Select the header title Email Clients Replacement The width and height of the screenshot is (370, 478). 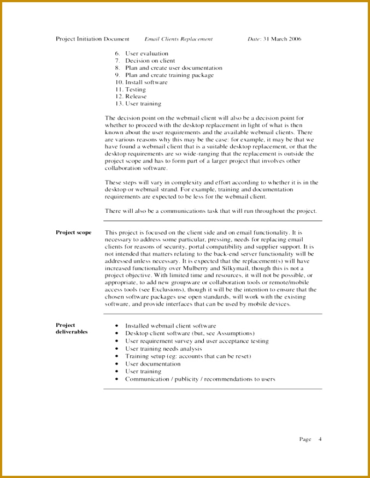pyautogui.click(x=179, y=39)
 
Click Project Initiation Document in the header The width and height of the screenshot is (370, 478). pyautogui.click(x=92, y=39)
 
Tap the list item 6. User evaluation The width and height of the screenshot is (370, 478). pyautogui.click(x=142, y=53)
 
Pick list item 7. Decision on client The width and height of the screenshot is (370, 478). pyautogui.click(x=145, y=61)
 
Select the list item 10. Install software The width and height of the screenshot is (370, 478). pyautogui.click(x=141, y=82)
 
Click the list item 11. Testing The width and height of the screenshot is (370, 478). pyautogui.click(x=130, y=89)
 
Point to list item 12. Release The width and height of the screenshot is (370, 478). pyautogui.click(x=131, y=97)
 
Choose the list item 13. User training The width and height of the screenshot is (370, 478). pyautogui.click(x=138, y=104)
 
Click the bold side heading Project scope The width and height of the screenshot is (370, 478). pyautogui.click(x=74, y=232)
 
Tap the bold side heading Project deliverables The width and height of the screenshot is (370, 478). pyautogui.click(x=72, y=328)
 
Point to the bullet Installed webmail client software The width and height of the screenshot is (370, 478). pyautogui.click(x=170, y=325)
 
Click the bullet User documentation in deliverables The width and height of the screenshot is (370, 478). pyautogui.click(x=152, y=364)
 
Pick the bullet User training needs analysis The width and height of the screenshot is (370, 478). pyautogui.click(x=163, y=349)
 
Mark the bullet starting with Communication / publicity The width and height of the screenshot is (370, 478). pyautogui.click(x=200, y=379)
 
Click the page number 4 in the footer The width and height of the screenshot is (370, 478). pyautogui.click(x=320, y=439)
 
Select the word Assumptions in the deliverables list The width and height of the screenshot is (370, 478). pyautogui.click(x=235, y=333)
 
